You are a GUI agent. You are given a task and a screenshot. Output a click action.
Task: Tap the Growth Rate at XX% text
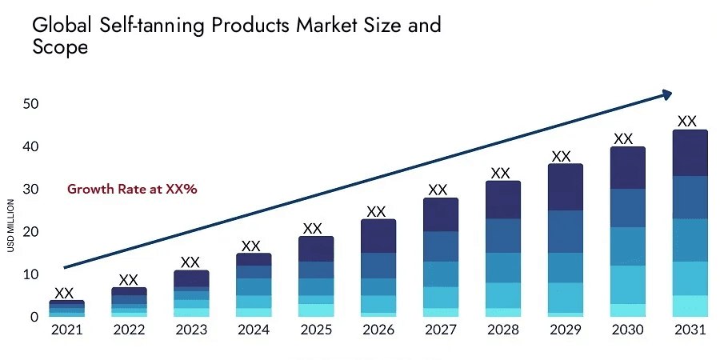132,190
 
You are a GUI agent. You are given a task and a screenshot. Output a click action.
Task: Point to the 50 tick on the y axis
31,104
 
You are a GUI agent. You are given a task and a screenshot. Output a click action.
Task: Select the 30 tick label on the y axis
31,190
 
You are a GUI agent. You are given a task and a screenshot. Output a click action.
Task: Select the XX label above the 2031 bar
687,122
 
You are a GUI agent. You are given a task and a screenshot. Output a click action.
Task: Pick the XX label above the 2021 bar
64,293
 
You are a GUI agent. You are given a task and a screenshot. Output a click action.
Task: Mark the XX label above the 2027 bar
438,190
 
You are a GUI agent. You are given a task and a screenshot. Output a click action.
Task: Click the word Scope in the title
60,47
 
